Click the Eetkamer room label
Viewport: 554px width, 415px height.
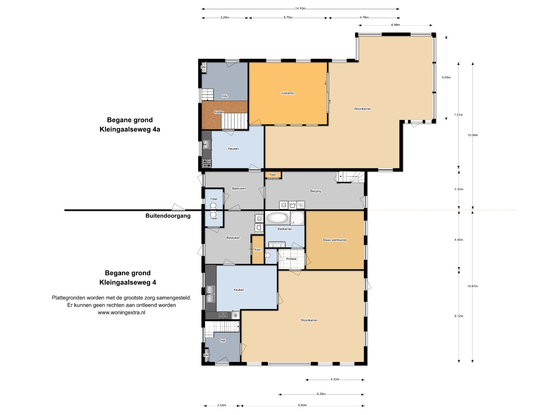click(x=288, y=93)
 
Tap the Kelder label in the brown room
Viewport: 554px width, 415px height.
click(x=219, y=112)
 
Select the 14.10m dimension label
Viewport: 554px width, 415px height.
click(x=300, y=8)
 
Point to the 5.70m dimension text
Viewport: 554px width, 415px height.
click(x=288, y=17)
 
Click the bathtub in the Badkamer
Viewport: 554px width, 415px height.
click(x=277, y=218)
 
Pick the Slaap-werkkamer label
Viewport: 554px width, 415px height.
click(x=335, y=240)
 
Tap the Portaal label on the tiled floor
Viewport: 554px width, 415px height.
click(x=291, y=259)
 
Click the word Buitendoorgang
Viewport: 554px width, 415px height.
click(x=168, y=216)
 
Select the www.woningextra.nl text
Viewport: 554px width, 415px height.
click(x=122, y=312)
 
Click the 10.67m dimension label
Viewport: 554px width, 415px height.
click(x=472, y=286)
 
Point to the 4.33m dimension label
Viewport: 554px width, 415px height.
click(x=335, y=379)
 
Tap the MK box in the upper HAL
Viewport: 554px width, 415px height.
click(x=204, y=67)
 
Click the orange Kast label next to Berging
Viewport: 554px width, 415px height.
click(x=273, y=174)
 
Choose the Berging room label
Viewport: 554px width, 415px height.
click(x=315, y=191)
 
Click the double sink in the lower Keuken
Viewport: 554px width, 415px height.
click(x=210, y=294)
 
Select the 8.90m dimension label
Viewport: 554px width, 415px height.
click(x=302, y=405)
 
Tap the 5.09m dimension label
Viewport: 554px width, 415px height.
click(x=446, y=77)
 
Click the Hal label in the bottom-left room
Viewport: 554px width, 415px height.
click(x=223, y=340)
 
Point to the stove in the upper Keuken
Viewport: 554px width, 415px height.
click(x=207, y=163)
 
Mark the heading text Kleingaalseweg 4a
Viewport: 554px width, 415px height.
click(x=130, y=129)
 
